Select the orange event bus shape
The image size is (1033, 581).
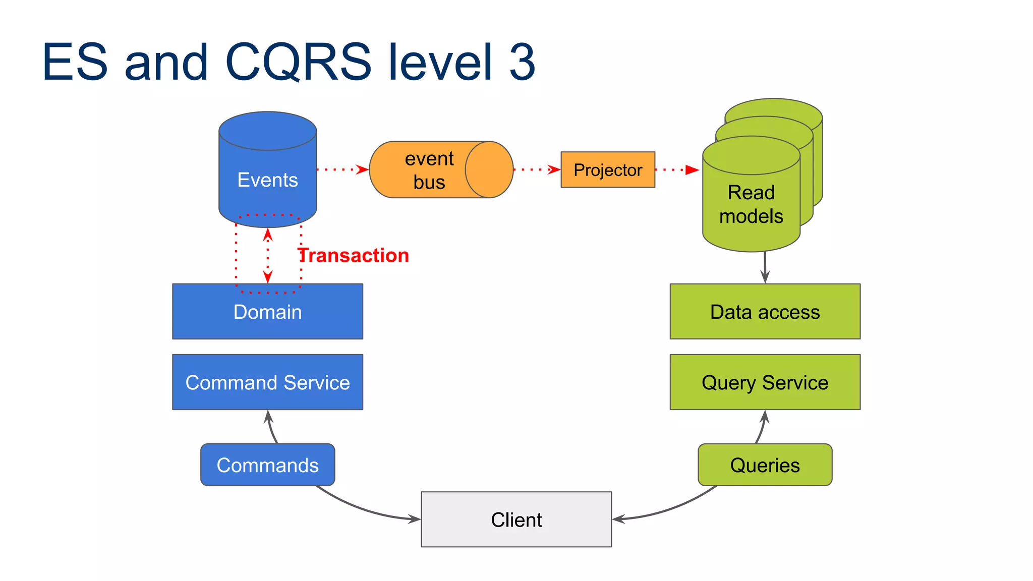pos(429,170)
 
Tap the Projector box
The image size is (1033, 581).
pos(608,170)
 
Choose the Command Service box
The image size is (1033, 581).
pos(267,382)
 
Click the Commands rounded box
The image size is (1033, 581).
pos(267,465)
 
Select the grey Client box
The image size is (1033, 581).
pos(516,519)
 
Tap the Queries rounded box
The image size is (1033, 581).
pos(765,465)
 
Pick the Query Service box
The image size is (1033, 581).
pos(765,382)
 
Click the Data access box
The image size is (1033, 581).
pos(765,312)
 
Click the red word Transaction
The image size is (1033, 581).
pos(354,256)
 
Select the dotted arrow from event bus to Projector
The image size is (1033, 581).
pos(536,169)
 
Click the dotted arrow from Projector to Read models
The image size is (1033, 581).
pos(676,170)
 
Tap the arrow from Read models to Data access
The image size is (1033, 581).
pos(765,267)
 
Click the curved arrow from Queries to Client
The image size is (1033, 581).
pos(671,508)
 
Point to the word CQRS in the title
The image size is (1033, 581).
pos(298,62)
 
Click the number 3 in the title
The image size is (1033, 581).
pos(522,62)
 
